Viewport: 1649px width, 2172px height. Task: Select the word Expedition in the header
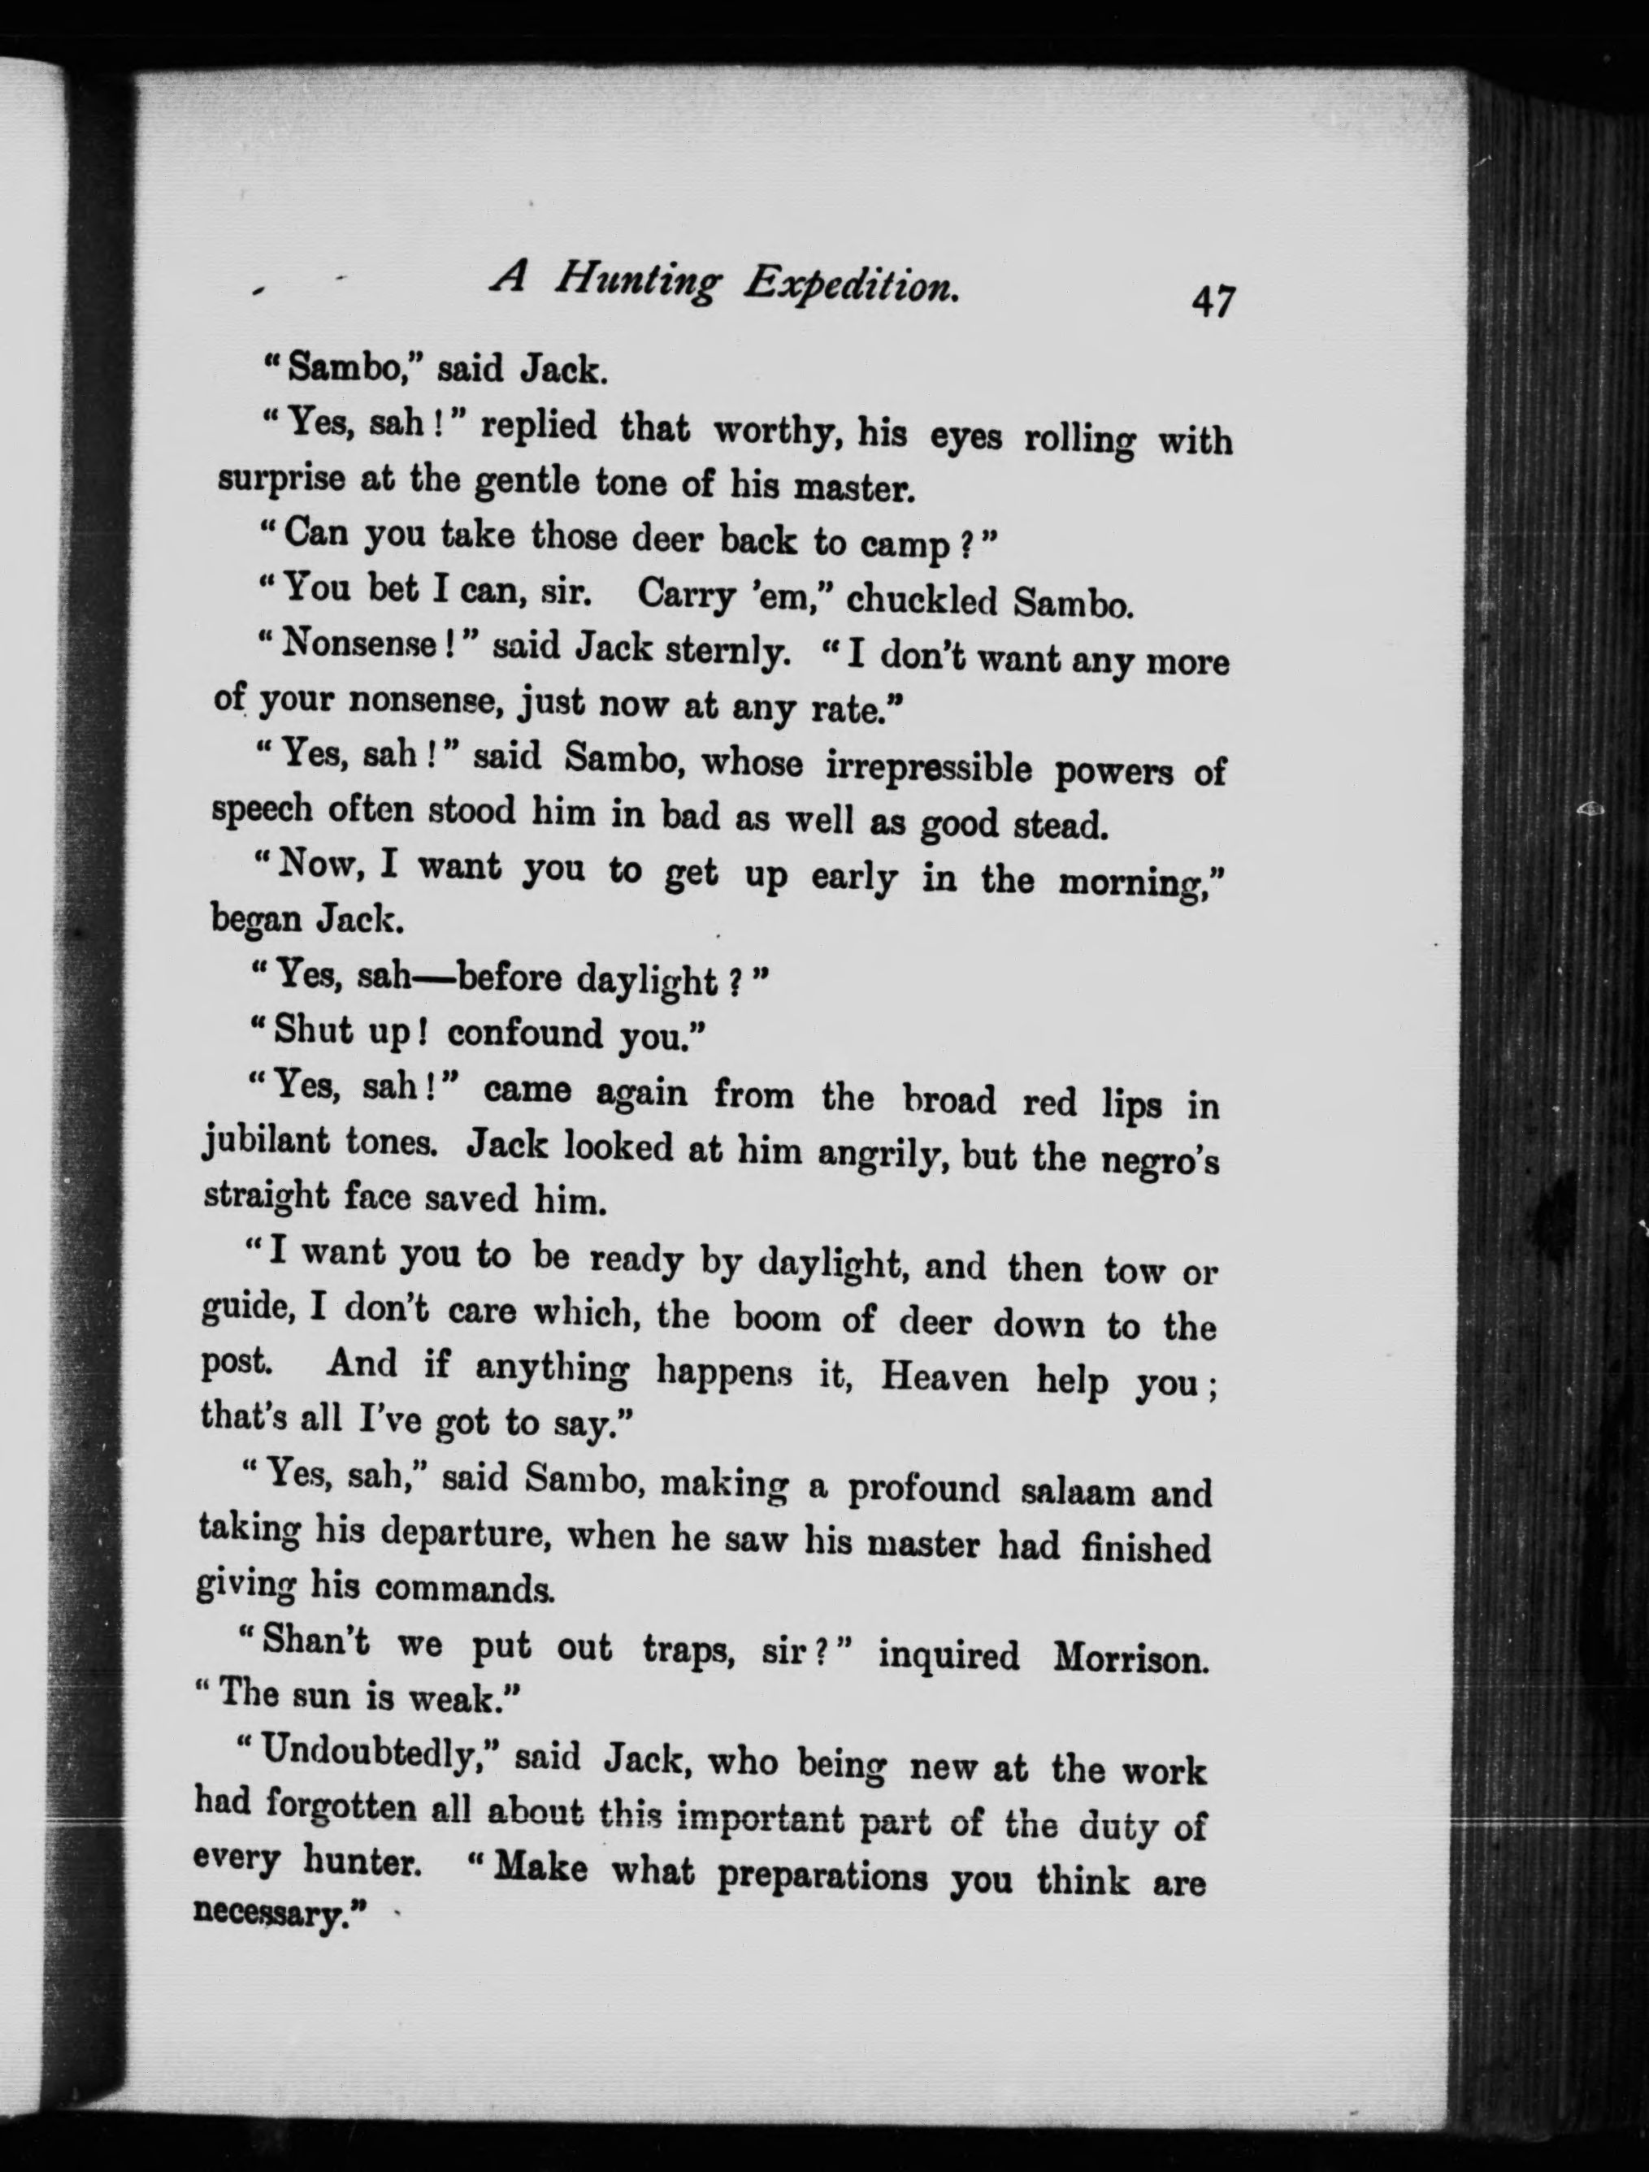(851, 286)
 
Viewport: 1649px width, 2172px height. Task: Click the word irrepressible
(928, 767)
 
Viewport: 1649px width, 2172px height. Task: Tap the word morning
(1137, 882)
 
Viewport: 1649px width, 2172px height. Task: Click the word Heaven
(944, 1376)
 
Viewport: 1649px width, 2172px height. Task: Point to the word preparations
(822, 1875)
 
